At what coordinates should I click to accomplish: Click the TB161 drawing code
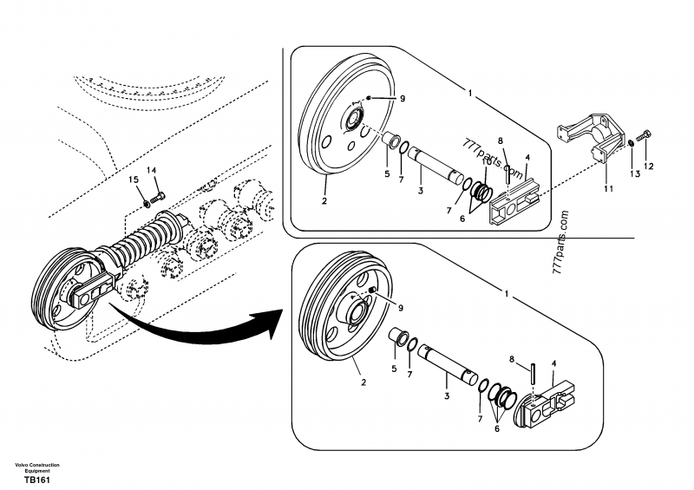[x=36, y=480]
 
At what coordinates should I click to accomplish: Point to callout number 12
[x=648, y=166]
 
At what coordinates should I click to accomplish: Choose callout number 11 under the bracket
[x=607, y=187]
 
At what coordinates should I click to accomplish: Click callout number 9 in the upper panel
[x=402, y=100]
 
